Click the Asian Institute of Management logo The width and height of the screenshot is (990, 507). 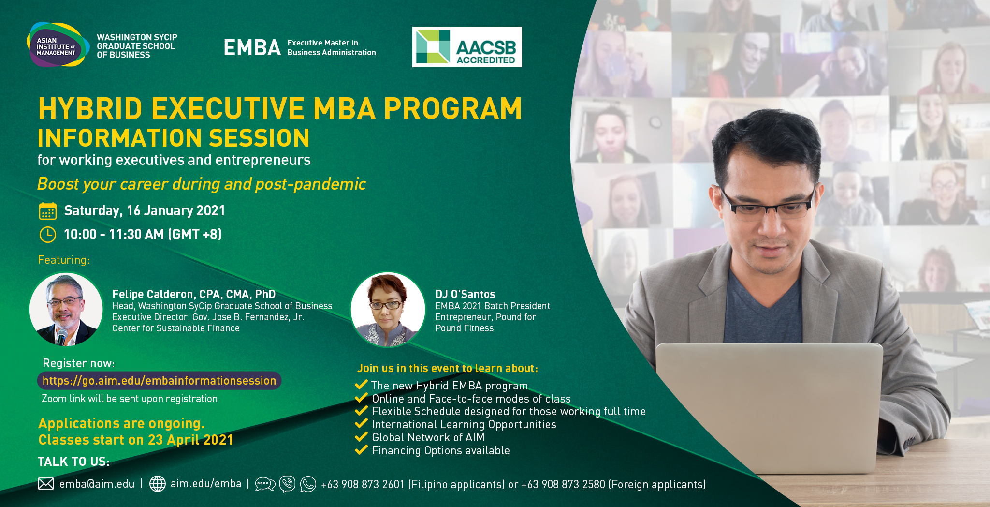(x=58, y=45)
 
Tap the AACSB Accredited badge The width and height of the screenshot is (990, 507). (x=467, y=47)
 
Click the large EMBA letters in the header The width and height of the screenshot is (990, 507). (x=252, y=47)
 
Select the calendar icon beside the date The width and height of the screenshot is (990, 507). (x=48, y=211)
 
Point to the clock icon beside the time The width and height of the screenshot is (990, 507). (x=48, y=235)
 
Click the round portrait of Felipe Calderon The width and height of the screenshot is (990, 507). (x=66, y=310)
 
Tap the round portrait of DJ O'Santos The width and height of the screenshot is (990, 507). (x=388, y=310)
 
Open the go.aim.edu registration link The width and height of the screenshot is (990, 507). (x=159, y=381)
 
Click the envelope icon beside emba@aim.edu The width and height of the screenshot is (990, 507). (x=46, y=484)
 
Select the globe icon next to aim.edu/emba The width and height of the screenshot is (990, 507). (x=158, y=484)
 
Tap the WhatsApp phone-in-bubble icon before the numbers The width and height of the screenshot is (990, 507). (x=308, y=484)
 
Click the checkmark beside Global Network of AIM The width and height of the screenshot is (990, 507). (x=361, y=437)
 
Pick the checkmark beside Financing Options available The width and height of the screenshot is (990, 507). (x=361, y=450)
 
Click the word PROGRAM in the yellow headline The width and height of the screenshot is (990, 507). (x=453, y=108)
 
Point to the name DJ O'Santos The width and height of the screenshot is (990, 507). (x=465, y=294)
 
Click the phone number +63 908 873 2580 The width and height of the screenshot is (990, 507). (x=563, y=484)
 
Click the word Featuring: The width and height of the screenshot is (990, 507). (x=64, y=260)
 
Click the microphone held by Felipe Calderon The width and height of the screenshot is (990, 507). (x=61, y=337)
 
